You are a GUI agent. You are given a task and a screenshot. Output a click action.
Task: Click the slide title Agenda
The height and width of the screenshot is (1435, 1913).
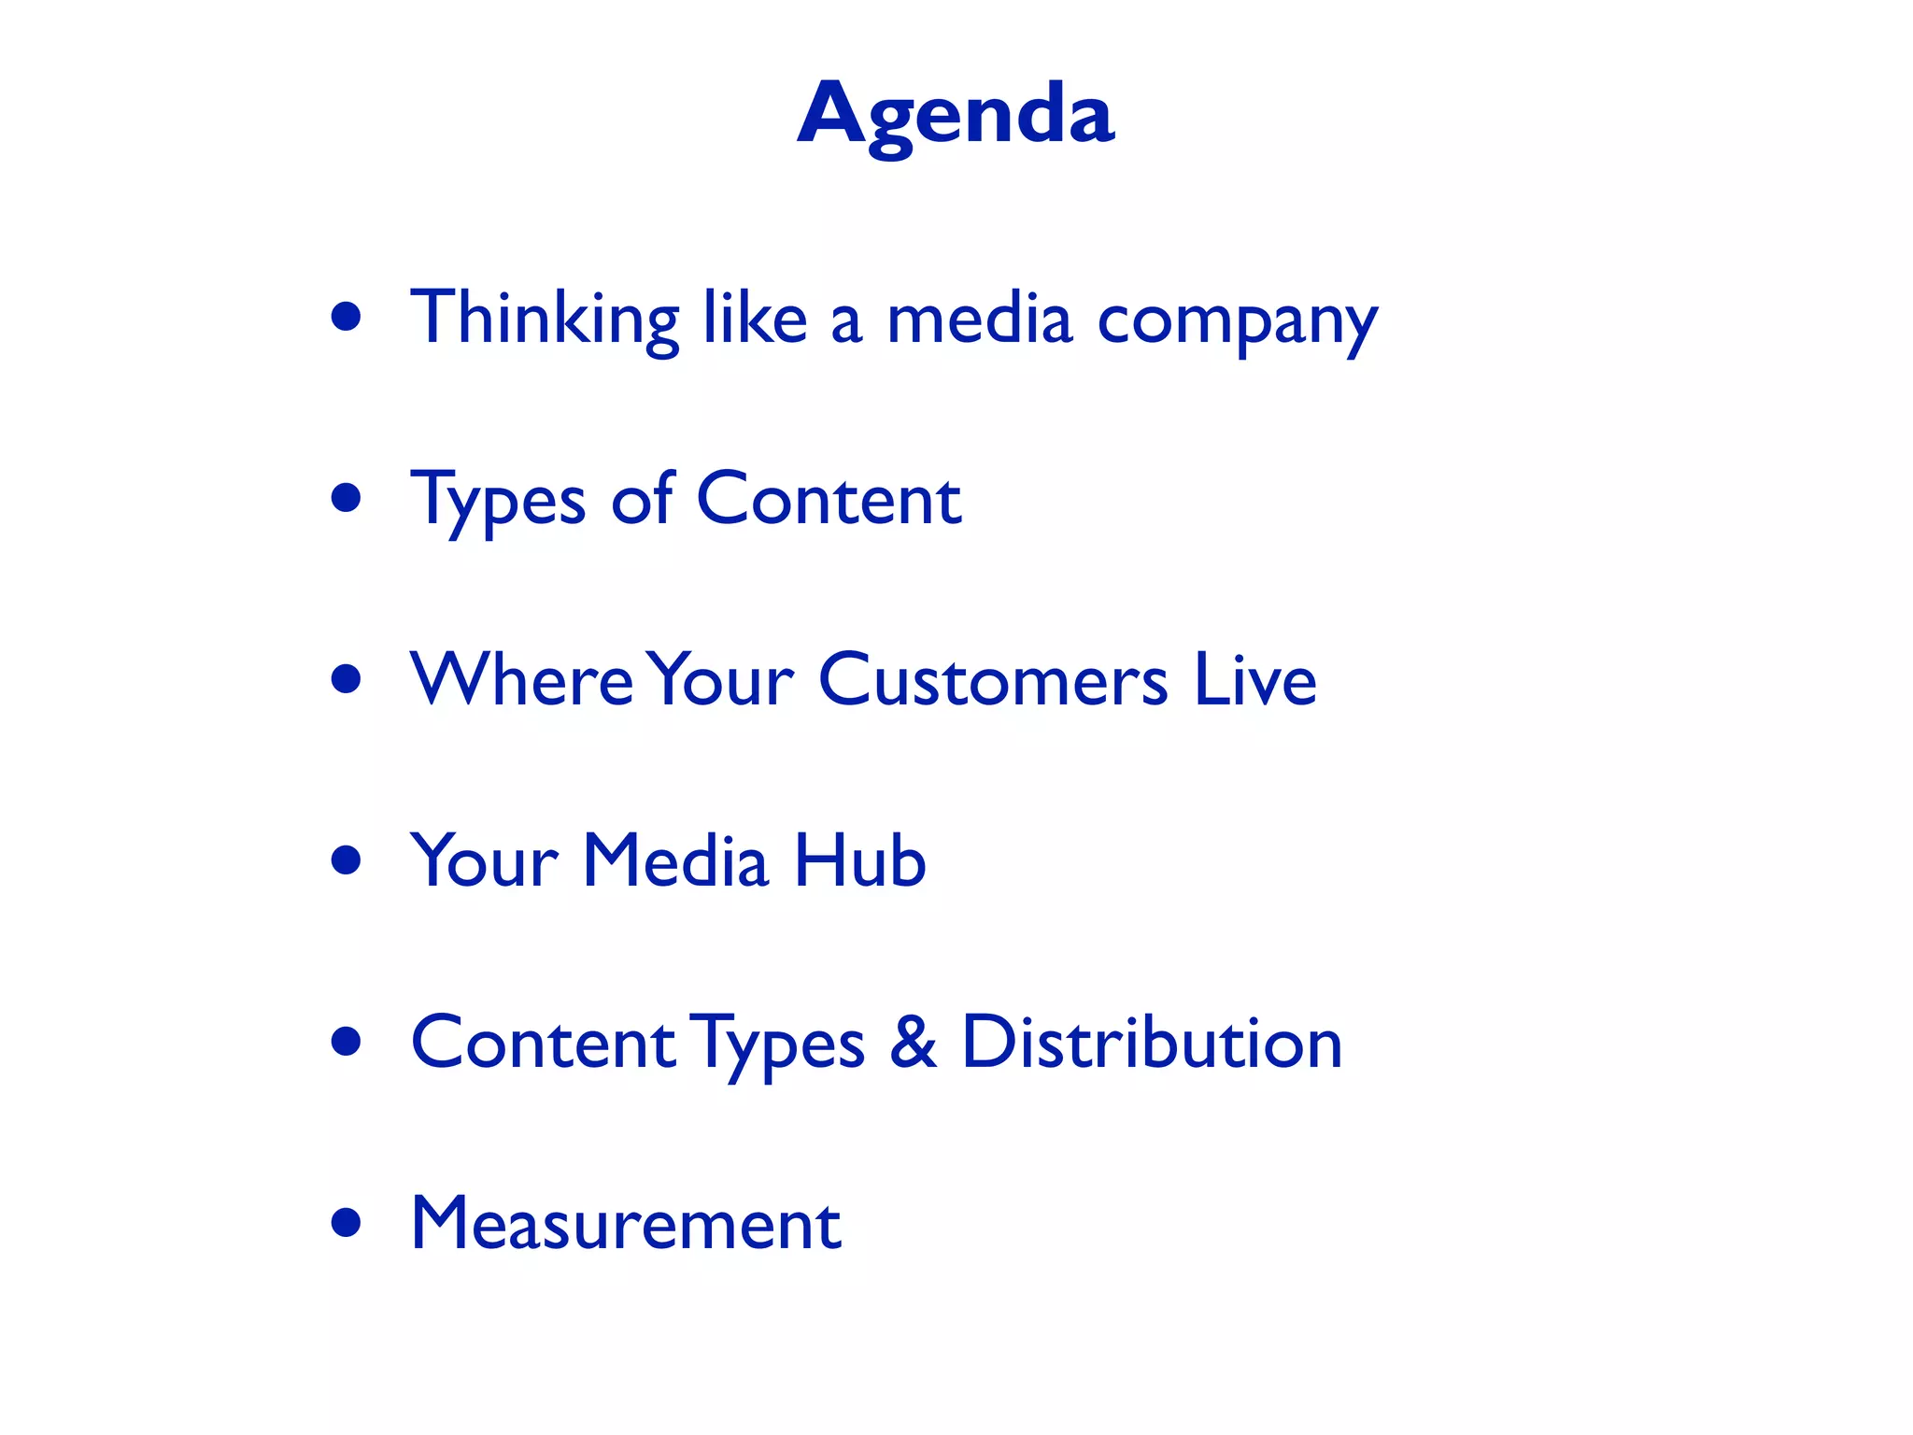click(x=956, y=115)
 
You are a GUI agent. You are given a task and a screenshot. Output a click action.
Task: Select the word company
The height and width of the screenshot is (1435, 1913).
click(x=1237, y=322)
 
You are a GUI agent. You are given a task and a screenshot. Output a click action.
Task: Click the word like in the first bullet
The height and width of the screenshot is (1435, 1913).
click(x=755, y=318)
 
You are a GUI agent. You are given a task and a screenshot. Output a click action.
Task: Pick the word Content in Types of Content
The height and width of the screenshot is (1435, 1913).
click(x=829, y=499)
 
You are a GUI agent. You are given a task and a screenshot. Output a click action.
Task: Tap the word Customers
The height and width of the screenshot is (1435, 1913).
click(x=993, y=679)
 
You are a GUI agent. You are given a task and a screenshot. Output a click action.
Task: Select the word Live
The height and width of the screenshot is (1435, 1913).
click(x=1255, y=679)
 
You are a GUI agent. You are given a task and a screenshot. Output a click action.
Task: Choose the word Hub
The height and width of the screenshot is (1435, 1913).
click(x=860, y=860)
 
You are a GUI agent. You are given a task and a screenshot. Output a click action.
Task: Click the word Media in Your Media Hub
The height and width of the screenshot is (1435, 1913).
click(x=675, y=860)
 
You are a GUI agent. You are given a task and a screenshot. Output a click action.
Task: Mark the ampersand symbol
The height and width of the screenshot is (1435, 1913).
click(x=913, y=1042)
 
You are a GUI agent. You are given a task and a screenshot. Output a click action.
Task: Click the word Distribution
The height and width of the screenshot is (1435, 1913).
click(x=1152, y=1042)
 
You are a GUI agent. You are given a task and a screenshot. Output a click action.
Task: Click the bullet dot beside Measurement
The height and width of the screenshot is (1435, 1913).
click(x=347, y=1223)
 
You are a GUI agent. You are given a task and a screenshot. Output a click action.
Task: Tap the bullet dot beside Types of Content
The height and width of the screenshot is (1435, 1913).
click(x=347, y=499)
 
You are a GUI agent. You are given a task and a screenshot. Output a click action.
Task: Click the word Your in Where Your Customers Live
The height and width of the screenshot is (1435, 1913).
click(x=720, y=679)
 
